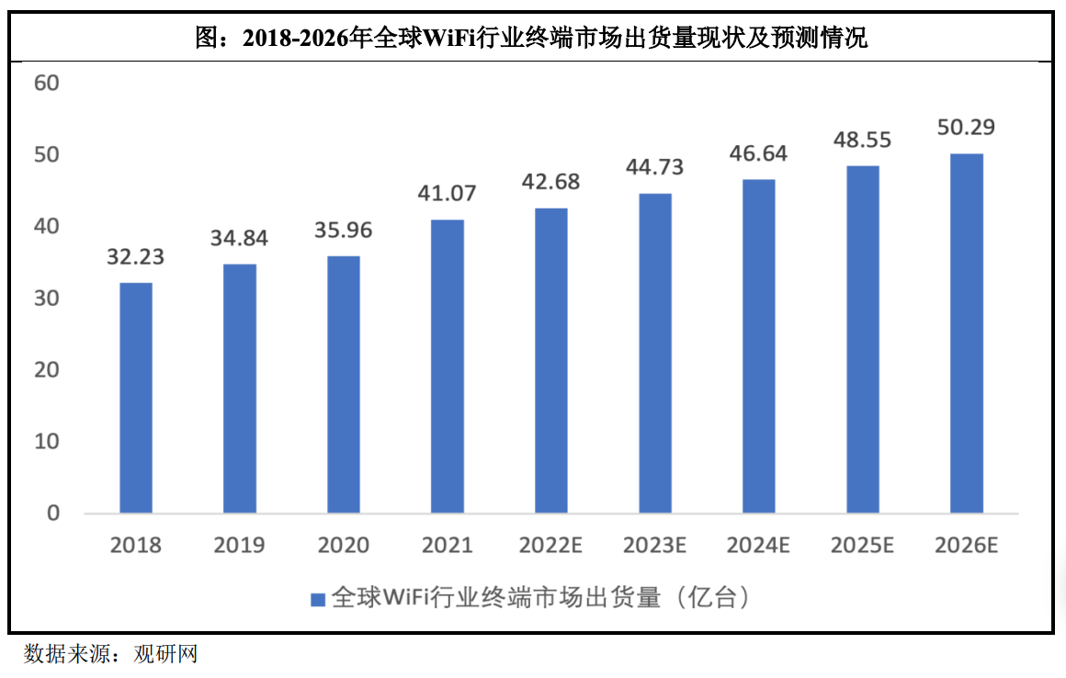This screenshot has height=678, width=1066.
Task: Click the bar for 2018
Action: pos(136,397)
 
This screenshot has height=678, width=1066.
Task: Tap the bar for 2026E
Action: pos(966,333)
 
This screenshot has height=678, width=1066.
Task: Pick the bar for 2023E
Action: pos(655,353)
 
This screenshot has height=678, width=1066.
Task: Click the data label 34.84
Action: pos(240,239)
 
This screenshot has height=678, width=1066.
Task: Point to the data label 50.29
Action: pos(966,127)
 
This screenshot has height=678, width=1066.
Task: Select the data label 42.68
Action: pos(551,182)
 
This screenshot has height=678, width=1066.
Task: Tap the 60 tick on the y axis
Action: pos(46,84)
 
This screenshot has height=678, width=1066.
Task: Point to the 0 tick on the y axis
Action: pos(52,513)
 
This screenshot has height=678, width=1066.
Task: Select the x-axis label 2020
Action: pos(344,546)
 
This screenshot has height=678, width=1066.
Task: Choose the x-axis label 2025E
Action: pos(862,546)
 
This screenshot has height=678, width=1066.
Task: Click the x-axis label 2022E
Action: pos(551,546)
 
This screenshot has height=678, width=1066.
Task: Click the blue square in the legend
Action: pos(318,599)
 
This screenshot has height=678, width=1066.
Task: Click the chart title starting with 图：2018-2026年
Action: pos(532,40)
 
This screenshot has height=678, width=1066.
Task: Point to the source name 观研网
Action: pos(165,654)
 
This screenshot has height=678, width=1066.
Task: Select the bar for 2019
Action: pos(240,388)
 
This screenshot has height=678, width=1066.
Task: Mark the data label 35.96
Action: pos(344,230)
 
